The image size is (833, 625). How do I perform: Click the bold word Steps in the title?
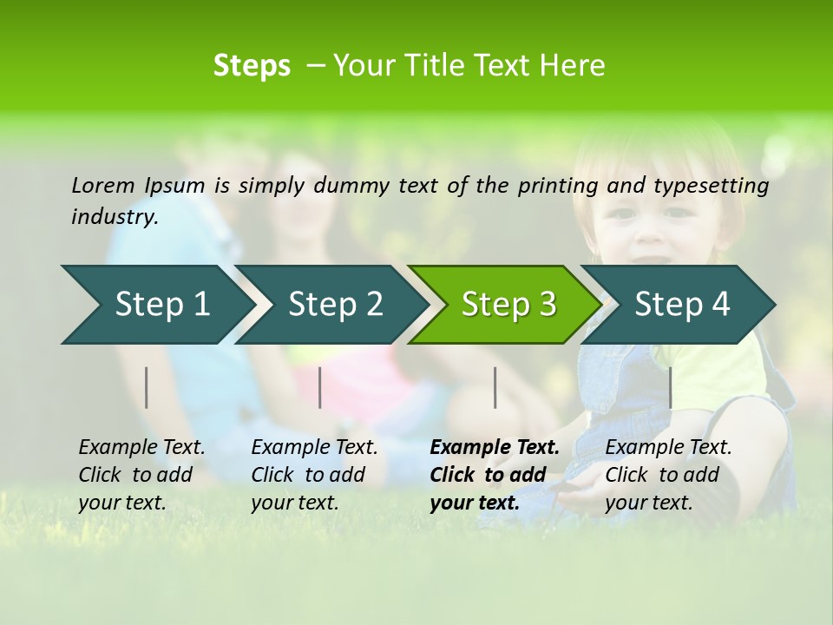pos(252,65)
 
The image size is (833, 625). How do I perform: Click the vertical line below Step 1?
pos(147,387)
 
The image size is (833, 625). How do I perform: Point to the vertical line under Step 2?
pos(320,387)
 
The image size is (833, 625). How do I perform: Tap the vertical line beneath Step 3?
pos(495,387)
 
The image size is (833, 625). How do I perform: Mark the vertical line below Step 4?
pos(670,387)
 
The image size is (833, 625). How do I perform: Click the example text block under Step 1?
pos(141,475)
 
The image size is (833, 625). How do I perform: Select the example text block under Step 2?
pos(314,475)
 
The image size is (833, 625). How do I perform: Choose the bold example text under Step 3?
pos(495,475)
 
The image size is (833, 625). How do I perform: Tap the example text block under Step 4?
pos(668,475)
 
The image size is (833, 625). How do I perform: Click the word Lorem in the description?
pos(103,185)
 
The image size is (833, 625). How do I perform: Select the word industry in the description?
pos(114,217)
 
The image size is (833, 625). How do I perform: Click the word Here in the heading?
pos(571,65)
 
